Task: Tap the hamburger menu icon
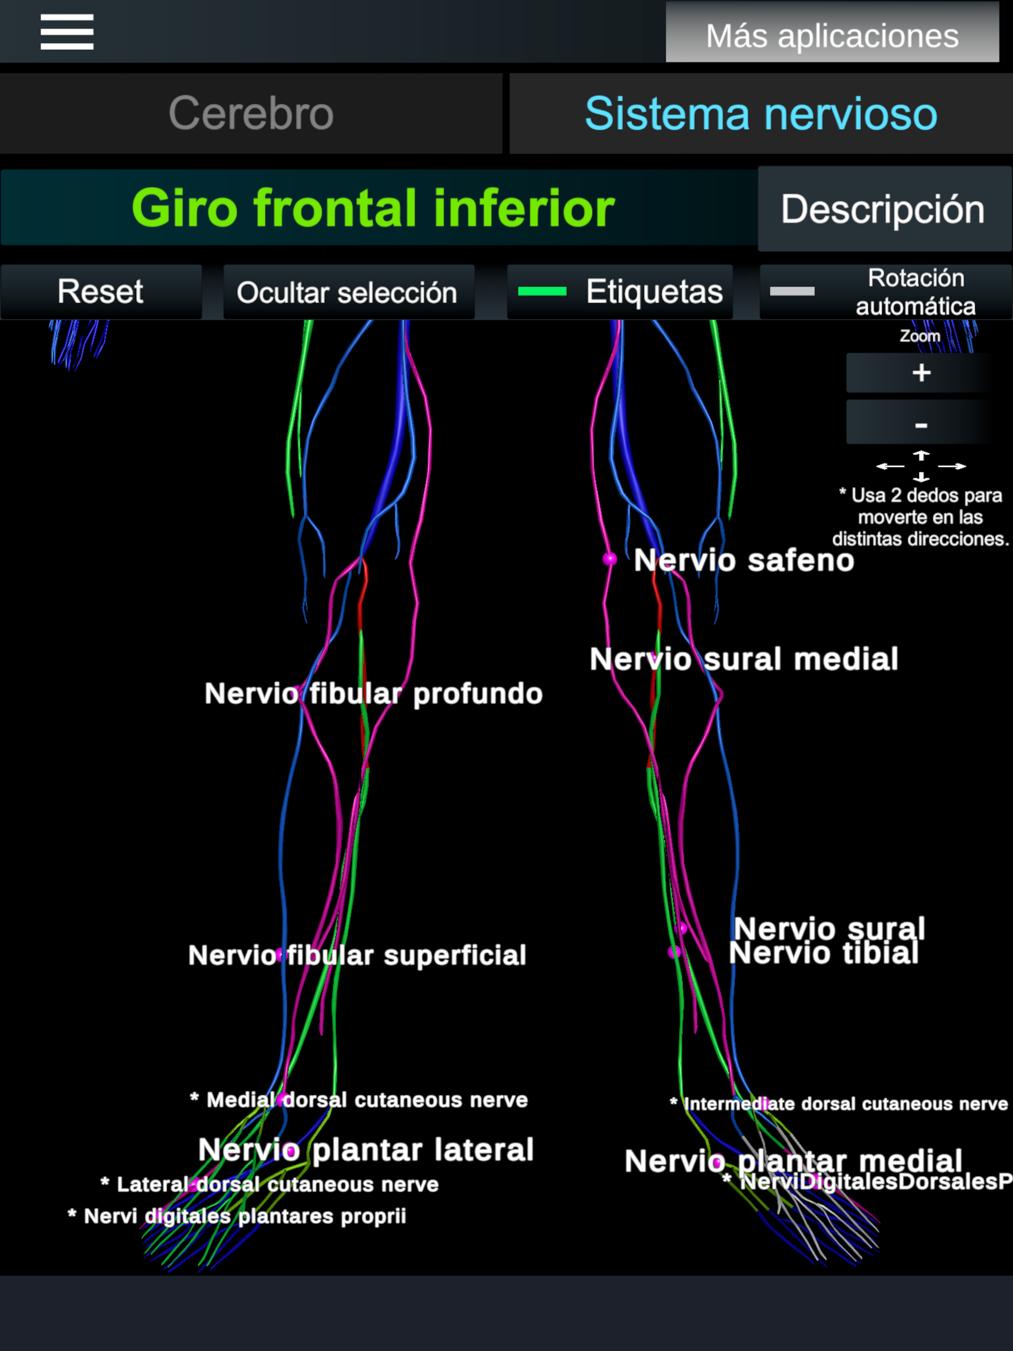[x=67, y=32]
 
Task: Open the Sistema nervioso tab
[x=761, y=114]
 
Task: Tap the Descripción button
[x=883, y=209]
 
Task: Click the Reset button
[x=101, y=292]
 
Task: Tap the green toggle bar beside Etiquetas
[x=542, y=292]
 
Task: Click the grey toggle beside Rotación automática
[x=792, y=292]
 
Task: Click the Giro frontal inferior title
[x=372, y=208]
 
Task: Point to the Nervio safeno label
[x=743, y=560]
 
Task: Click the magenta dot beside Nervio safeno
[x=609, y=559]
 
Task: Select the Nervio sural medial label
[x=743, y=659]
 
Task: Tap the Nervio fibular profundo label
[x=373, y=694]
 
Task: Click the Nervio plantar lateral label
[x=366, y=1149]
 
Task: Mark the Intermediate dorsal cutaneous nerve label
[x=844, y=1104]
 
